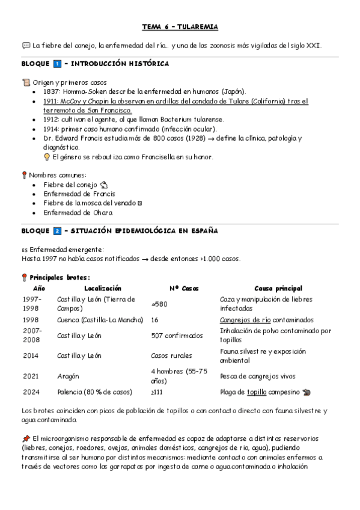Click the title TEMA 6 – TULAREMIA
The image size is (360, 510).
click(180, 27)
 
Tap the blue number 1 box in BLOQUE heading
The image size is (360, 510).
click(57, 63)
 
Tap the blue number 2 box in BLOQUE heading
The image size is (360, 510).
click(57, 231)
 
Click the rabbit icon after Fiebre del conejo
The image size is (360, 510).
click(103, 185)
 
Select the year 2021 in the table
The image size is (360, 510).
click(31, 376)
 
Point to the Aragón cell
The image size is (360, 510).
click(69, 376)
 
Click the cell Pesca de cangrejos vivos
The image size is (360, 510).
click(257, 376)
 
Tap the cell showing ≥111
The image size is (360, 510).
click(157, 392)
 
